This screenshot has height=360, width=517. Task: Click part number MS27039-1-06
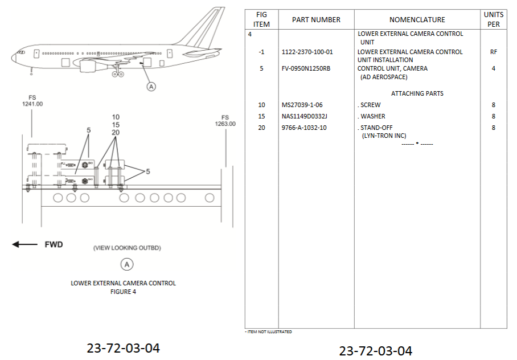(302, 105)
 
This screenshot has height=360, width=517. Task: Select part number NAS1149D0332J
(305, 116)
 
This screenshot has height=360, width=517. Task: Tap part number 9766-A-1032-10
(304, 128)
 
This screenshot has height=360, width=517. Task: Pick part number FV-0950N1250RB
(306, 68)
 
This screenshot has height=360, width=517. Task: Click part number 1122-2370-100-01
(307, 52)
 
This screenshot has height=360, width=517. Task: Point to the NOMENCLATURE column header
(417, 20)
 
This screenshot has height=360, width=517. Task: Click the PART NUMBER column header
(316, 20)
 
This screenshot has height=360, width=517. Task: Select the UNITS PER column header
(494, 19)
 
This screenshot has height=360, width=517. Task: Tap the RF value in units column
(494, 52)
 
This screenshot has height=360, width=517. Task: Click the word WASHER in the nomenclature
(373, 116)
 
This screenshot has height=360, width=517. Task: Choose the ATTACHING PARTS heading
(417, 93)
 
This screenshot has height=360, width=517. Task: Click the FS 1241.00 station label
(32, 101)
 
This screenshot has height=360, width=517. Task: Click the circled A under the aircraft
(151, 87)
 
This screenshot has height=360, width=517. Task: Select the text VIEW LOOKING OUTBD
(128, 248)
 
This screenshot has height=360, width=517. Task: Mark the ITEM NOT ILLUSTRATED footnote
(268, 332)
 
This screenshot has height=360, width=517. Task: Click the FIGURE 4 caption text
(124, 292)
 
